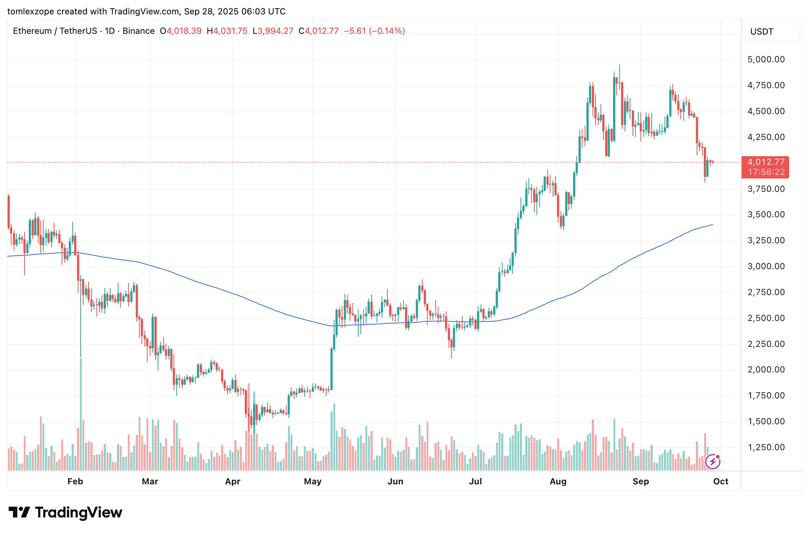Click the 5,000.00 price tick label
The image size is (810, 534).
click(x=766, y=59)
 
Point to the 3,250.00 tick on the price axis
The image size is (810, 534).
click(x=766, y=240)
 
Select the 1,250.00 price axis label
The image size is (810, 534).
click(x=766, y=447)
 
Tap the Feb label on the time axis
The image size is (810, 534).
click(x=75, y=481)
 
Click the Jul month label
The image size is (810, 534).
click(x=475, y=481)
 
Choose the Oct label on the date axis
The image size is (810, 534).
click(x=721, y=481)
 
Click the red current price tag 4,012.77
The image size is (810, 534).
click(x=766, y=162)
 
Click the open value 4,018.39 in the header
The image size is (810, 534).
click(x=184, y=31)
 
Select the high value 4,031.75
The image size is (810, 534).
click(x=230, y=31)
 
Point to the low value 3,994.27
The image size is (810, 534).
click(x=275, y=31)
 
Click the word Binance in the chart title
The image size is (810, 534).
click(x=139, y=31)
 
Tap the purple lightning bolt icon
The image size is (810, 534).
click(x=713, y=462)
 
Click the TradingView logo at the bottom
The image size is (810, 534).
click(x=65, y=512)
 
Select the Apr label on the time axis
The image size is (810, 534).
click(x=233, y=481)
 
